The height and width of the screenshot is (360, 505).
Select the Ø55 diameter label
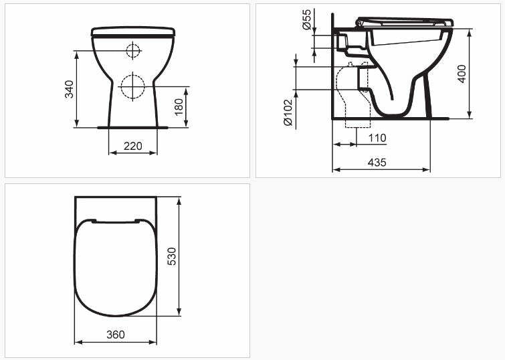pyautogui.click(x=306, y=20)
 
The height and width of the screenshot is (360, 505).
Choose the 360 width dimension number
pyautogui.click(x=115, y=334)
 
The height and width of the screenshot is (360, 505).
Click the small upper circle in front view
pyautogui.click(x=133, y=50)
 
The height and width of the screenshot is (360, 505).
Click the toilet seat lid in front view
pyautogui.click(x=133, y=31)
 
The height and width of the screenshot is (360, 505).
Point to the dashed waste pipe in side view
pyautogui.click(x=352, y=100)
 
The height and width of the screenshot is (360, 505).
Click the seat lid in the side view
pyautogui.click(x=405, y=21)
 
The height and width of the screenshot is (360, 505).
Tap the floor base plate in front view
pyautogui.click(x=133, y=126)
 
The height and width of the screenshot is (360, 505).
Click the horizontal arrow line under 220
pyautogui.click(x=133, y=153)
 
